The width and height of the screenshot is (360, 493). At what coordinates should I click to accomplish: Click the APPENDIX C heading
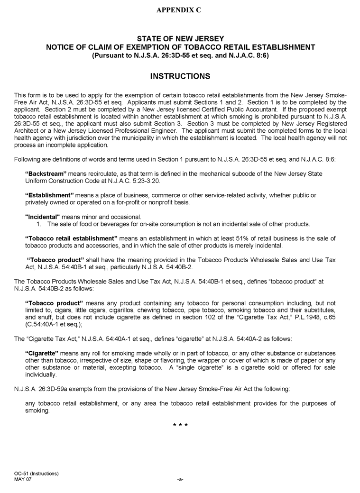(179, 10)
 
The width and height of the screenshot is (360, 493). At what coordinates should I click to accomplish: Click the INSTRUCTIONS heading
(180, 76)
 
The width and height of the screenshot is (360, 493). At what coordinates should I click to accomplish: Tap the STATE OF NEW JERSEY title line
(180, 38)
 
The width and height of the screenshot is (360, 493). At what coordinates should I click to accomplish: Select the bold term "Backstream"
(46, 174)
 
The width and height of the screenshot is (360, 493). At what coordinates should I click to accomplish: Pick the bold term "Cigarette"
(41, 353)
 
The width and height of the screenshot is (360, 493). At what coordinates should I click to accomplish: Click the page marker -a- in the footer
(180, 480)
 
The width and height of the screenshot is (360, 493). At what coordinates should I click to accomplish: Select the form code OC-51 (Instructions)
(36, 474)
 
